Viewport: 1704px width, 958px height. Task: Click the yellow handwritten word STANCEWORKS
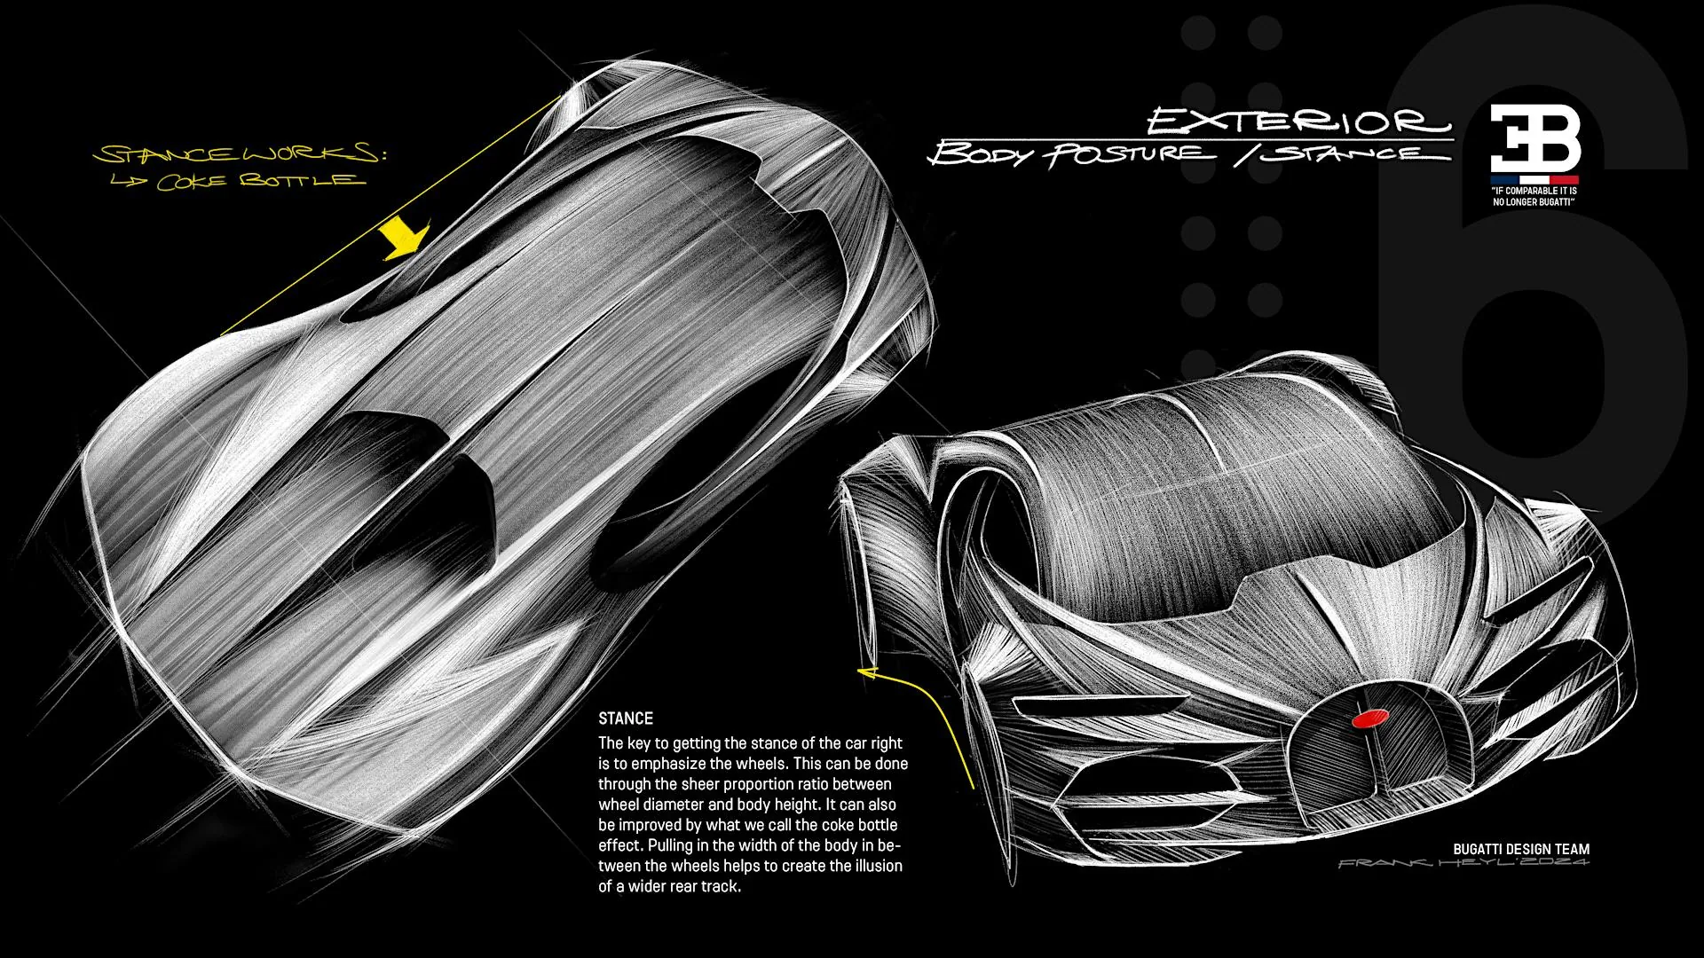point(240,153)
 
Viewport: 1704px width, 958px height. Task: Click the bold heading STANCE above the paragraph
point(626,718)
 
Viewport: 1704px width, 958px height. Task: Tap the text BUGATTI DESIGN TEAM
point(1521,849)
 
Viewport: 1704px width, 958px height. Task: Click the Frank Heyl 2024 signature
point(1464,863)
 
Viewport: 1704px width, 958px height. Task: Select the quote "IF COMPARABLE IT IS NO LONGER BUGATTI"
point(1534,196)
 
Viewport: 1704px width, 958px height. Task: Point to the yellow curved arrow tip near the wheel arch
point(859,672)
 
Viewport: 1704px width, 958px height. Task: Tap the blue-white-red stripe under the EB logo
point(1535,178)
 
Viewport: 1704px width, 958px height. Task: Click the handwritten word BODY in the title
point(982,153)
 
